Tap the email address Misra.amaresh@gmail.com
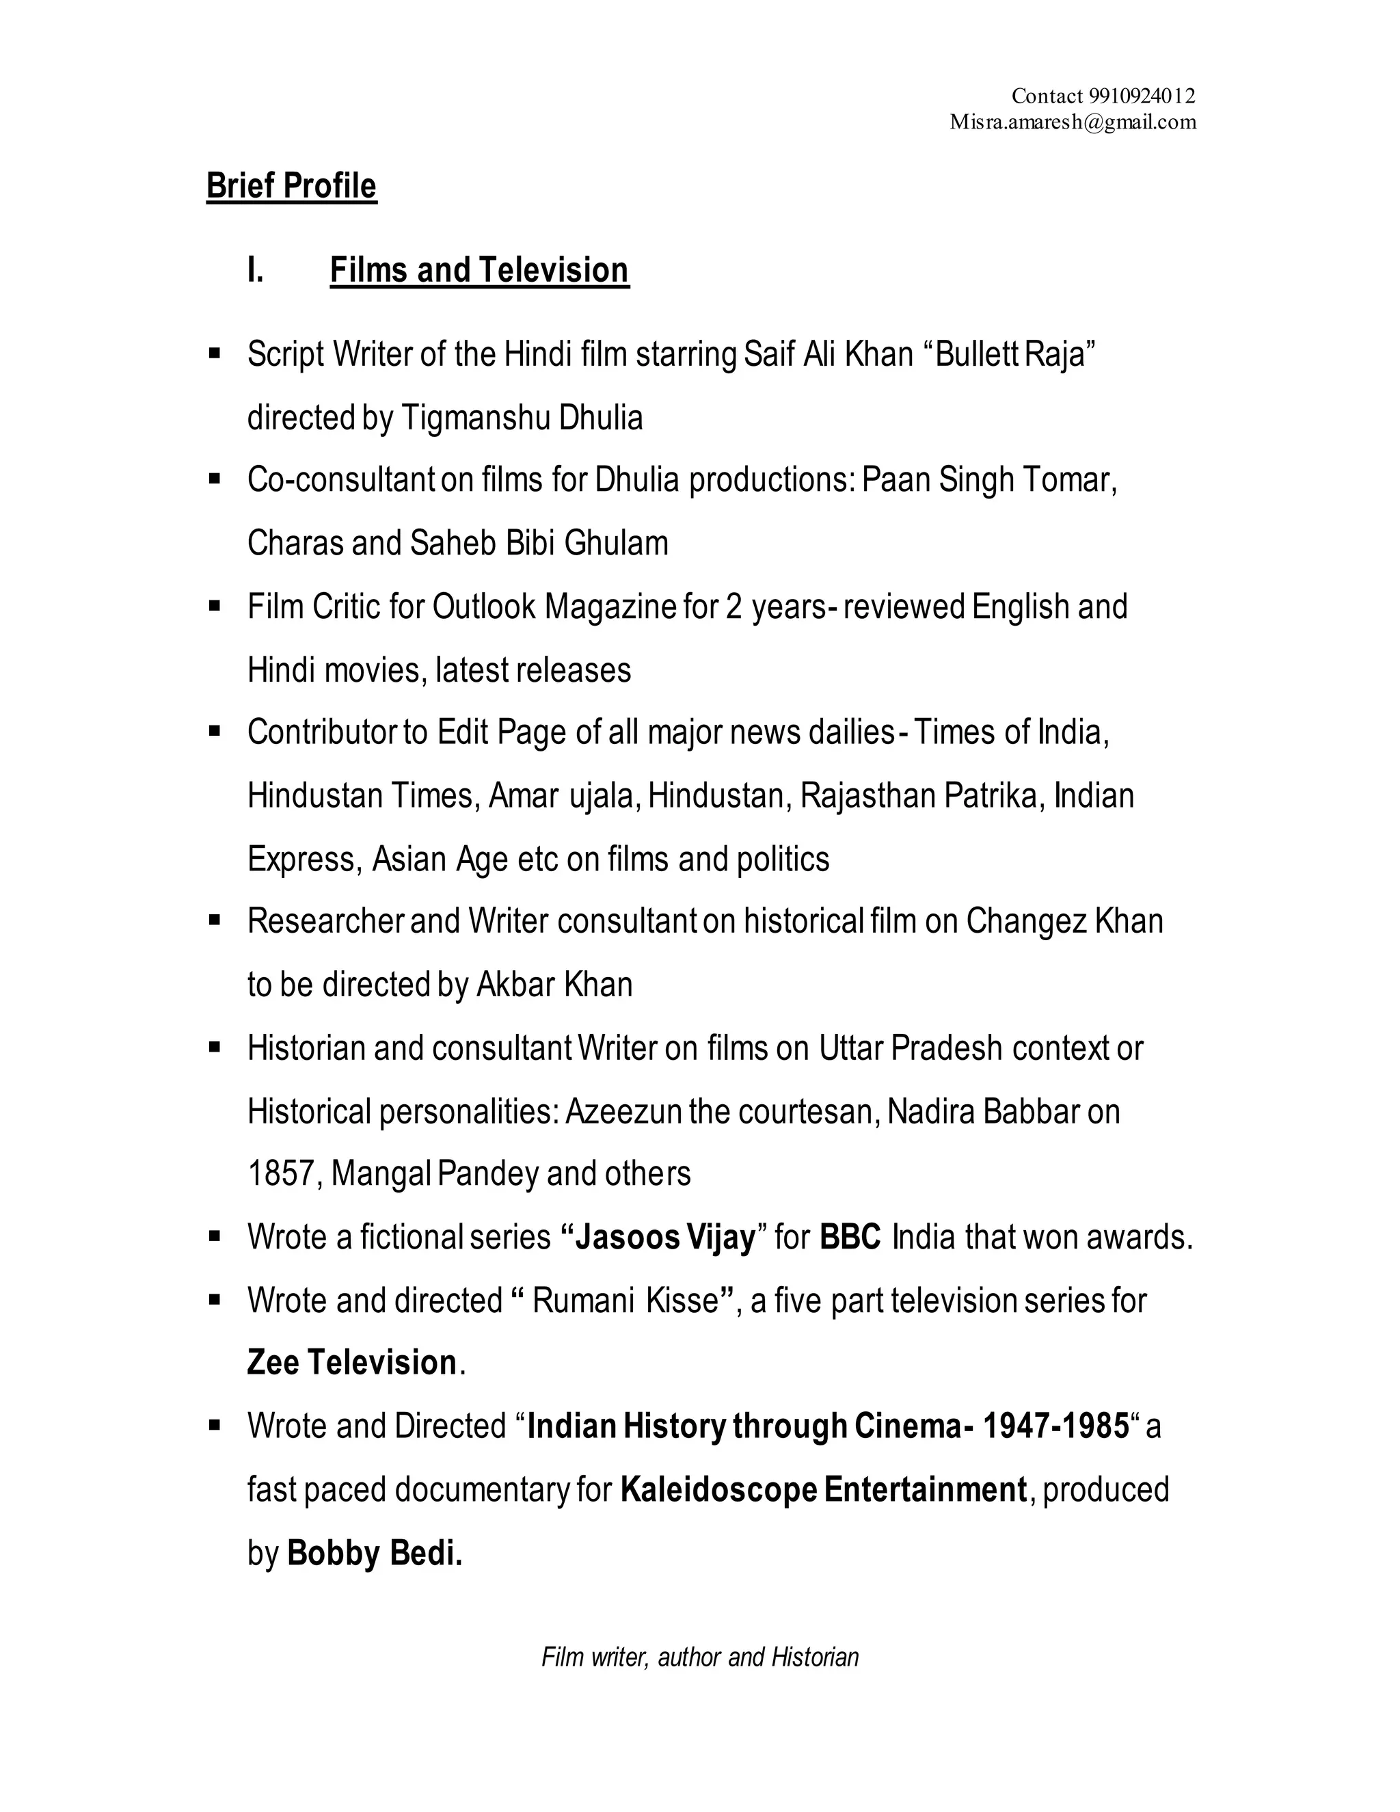coord(1073,123)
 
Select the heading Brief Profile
coord(291,186)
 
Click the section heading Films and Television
coord(479,271)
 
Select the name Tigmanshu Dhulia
coord(522,418)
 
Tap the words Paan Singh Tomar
coord(988,481)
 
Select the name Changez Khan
coord(1064,922)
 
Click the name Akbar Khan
coord(554,985)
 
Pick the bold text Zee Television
coord(351,1363)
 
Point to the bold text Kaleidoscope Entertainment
coord(824,1490)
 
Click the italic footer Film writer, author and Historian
coord(700,1657)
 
